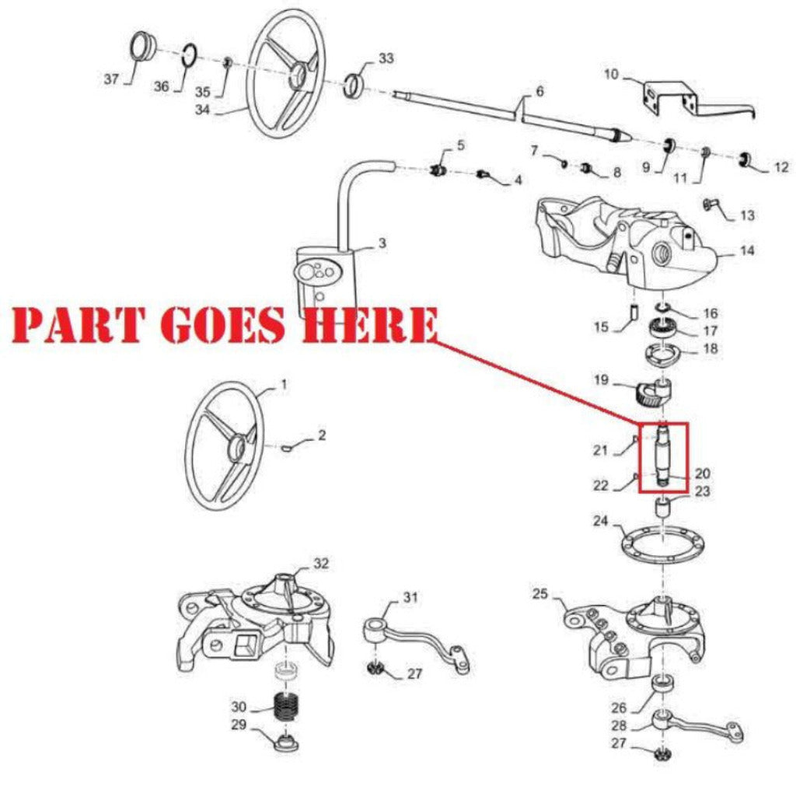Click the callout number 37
coord(112,79)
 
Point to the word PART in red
coord(77,325)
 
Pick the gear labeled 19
coord(652,392)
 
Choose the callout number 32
coord(321,562)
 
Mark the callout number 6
coord(539,91)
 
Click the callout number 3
coord(382,243)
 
